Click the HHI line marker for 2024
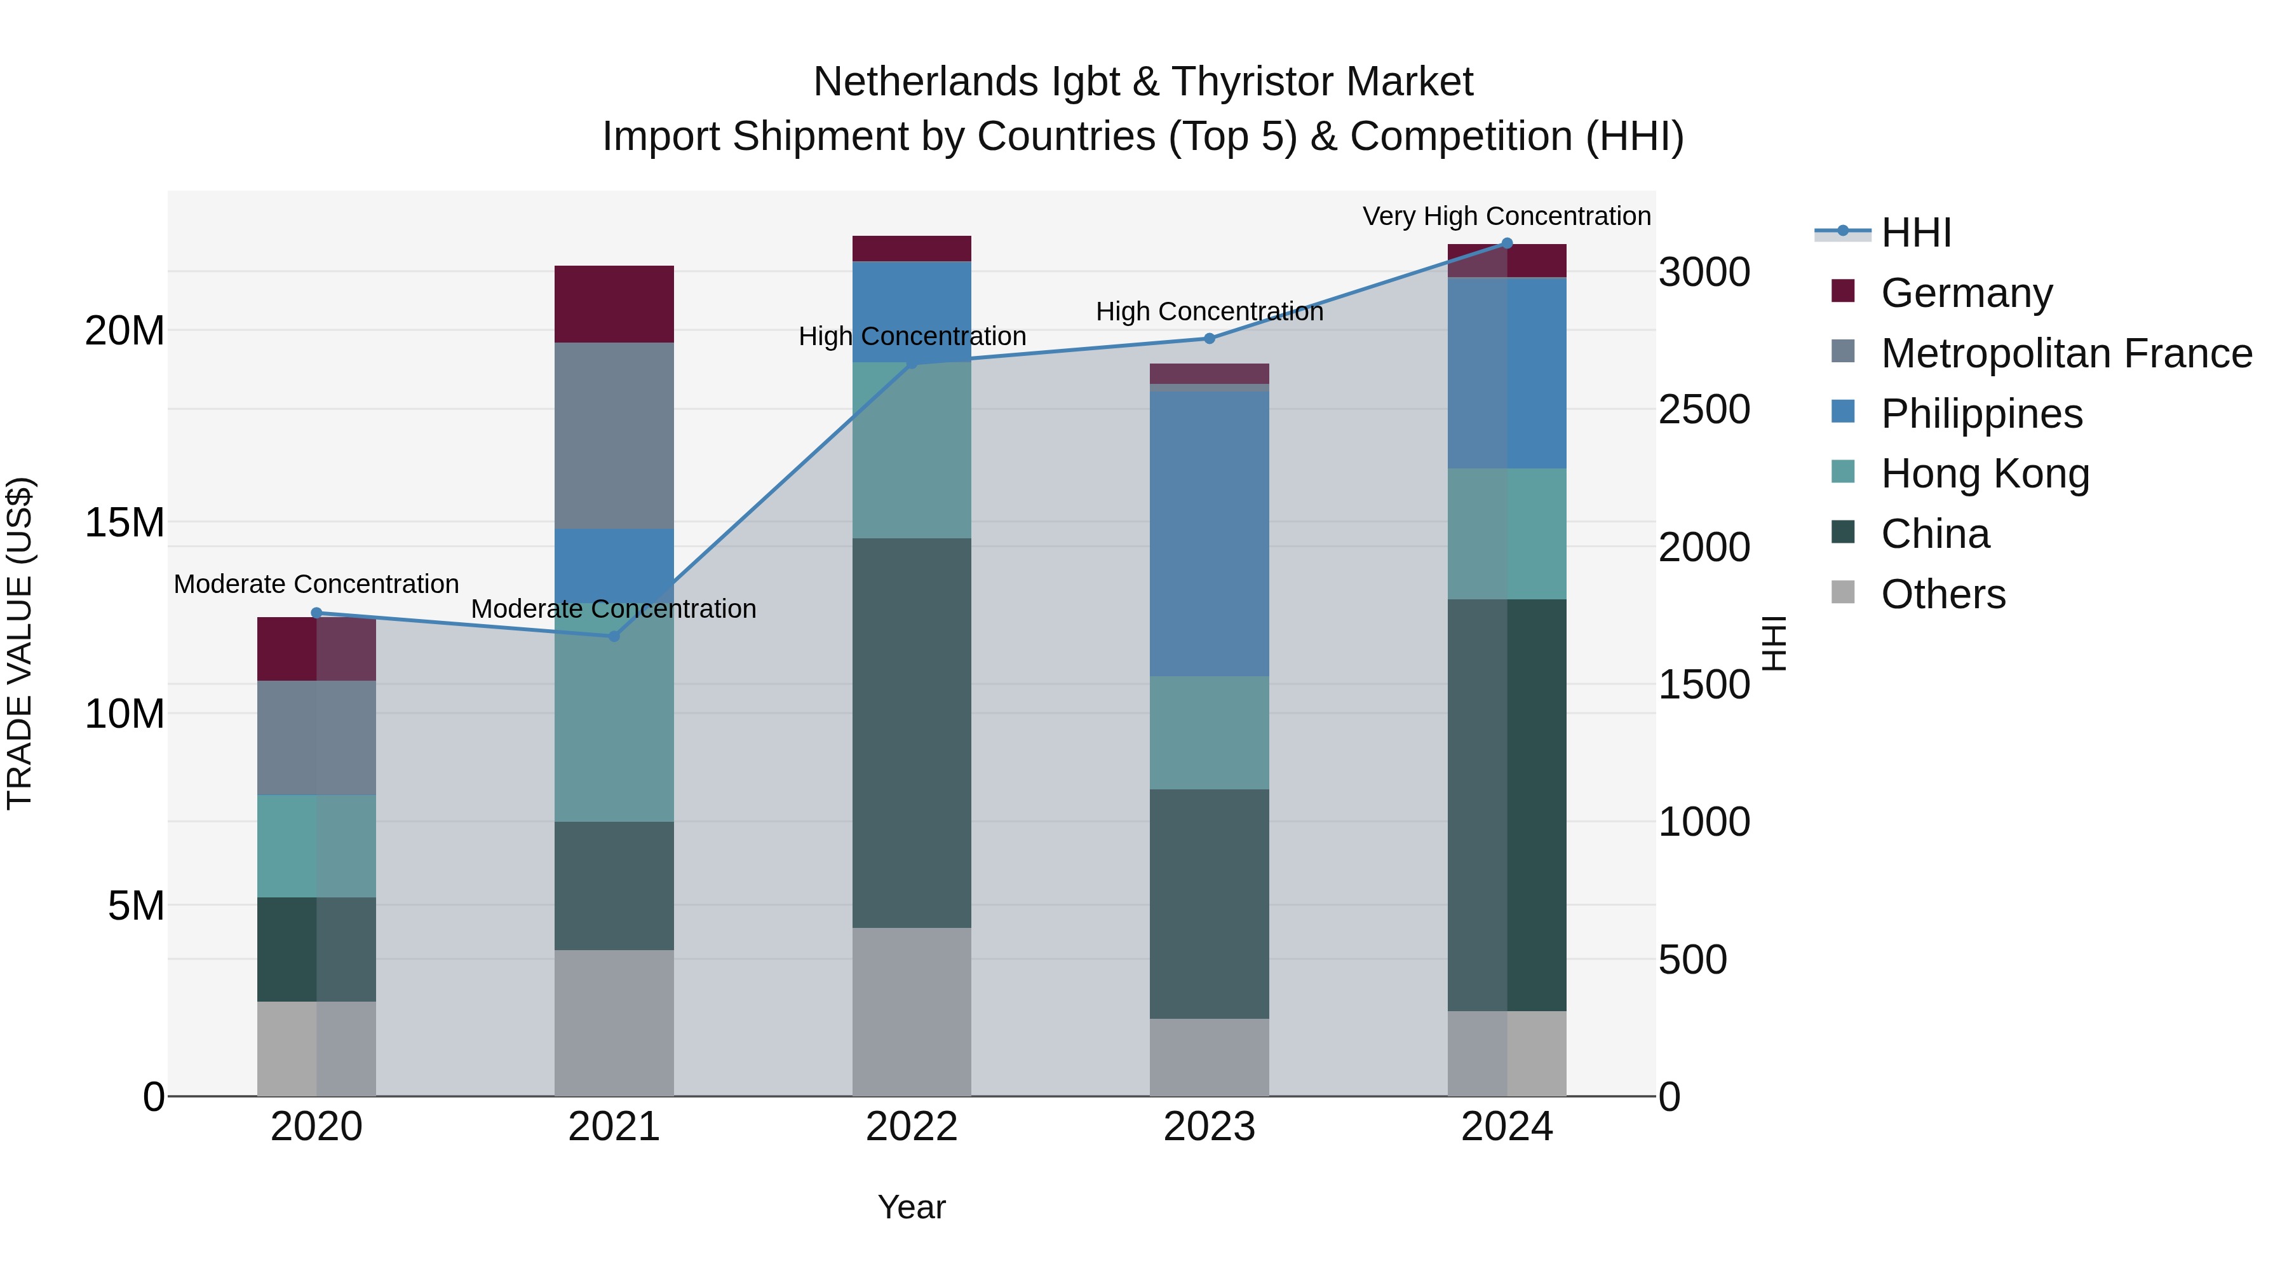1507,243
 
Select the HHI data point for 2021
614,636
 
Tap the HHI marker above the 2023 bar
1209,338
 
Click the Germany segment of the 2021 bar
614,304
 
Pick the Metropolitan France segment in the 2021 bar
614,435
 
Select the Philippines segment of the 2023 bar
1209,533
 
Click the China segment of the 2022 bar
911,733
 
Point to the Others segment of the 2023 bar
1209,1057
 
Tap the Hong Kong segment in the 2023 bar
1209,733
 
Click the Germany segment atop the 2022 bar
911,248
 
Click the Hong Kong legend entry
1984,474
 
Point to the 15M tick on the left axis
125,522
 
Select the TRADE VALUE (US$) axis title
20,643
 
